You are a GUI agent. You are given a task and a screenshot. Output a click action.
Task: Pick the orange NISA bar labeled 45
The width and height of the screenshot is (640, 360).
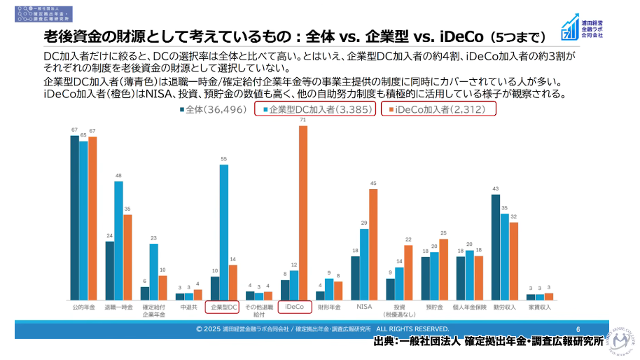(373, 244)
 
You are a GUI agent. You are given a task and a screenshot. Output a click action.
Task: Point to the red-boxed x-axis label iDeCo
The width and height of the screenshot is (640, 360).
(294, 307)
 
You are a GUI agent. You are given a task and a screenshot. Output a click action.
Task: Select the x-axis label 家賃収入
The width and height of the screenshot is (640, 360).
(539, 307)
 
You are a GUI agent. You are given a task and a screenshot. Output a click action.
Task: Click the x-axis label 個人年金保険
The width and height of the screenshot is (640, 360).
(469, 307)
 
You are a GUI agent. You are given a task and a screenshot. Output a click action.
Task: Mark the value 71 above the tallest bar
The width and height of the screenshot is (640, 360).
(303, 120)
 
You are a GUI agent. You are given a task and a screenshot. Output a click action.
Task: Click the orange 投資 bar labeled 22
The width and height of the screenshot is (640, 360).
(408, 272)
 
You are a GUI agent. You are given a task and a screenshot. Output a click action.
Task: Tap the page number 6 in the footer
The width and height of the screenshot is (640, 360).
(578, 328)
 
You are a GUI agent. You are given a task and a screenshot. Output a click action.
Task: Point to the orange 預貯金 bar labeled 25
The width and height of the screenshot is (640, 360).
(443, 270)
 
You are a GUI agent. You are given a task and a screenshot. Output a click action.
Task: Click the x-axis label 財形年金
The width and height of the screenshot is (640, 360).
(329, 307)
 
